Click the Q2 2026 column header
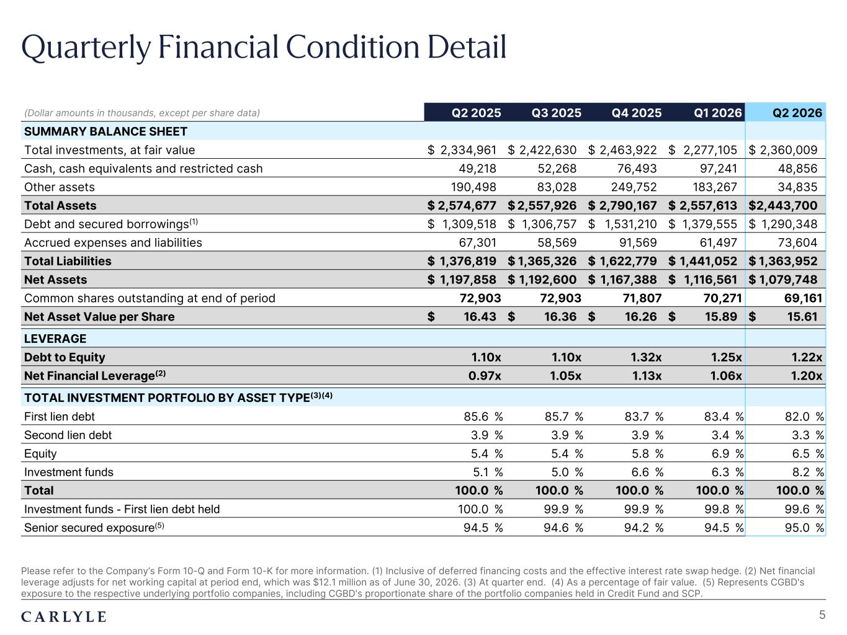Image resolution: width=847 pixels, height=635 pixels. pos(797,113)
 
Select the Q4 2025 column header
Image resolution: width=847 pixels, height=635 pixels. pos(636,113)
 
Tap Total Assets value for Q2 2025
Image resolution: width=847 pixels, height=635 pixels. pos(462,205)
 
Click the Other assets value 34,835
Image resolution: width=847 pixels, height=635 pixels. pos(797,187)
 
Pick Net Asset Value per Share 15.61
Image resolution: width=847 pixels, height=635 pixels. pos(802,316)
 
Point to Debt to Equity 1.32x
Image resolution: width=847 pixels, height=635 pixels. pos(646,357)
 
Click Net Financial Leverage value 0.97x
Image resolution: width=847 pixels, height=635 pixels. pos(485,376)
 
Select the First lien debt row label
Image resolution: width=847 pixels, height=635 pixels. pos(60,416)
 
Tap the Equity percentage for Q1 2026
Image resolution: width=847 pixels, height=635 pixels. pos(727,453)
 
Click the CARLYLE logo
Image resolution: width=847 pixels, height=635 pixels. pos(63,617)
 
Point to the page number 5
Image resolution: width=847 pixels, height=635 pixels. pos(822,615)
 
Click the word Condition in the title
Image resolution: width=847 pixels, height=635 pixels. pos(352,47)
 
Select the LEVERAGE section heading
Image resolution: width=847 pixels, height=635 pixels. pos(55,339)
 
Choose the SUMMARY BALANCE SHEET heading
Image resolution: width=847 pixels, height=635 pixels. pos(105,131)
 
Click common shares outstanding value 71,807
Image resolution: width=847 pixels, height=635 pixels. pos(642,298)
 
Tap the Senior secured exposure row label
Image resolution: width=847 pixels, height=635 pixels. pos(94,528)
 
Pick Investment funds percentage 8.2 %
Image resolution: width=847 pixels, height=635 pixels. pos(808,472)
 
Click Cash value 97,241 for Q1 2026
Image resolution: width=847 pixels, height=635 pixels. pos(719,169)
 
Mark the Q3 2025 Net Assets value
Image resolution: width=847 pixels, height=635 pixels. pos(542,280)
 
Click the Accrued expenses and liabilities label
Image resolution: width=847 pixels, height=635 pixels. pos(113,242)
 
